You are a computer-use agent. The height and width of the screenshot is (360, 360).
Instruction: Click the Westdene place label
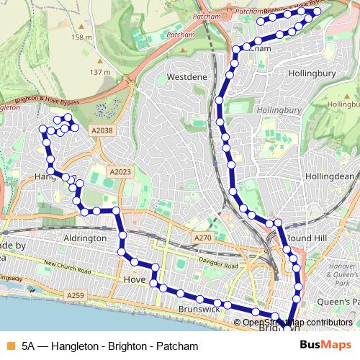tap(187, 76)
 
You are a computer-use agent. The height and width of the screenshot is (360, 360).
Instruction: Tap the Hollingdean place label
tap(332, 176)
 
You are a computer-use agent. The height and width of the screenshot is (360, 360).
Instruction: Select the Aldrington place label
tap(86, 238)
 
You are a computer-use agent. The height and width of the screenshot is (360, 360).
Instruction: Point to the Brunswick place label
tap(199, 309)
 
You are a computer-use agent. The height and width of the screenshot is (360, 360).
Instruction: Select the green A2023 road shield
tap(120, 171)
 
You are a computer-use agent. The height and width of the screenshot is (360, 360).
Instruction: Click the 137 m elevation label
tap(100, 72)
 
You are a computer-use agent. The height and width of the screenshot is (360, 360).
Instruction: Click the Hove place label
tap(135, 279)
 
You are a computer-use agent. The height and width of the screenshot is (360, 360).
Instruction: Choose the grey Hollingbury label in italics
tap(278, 111)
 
